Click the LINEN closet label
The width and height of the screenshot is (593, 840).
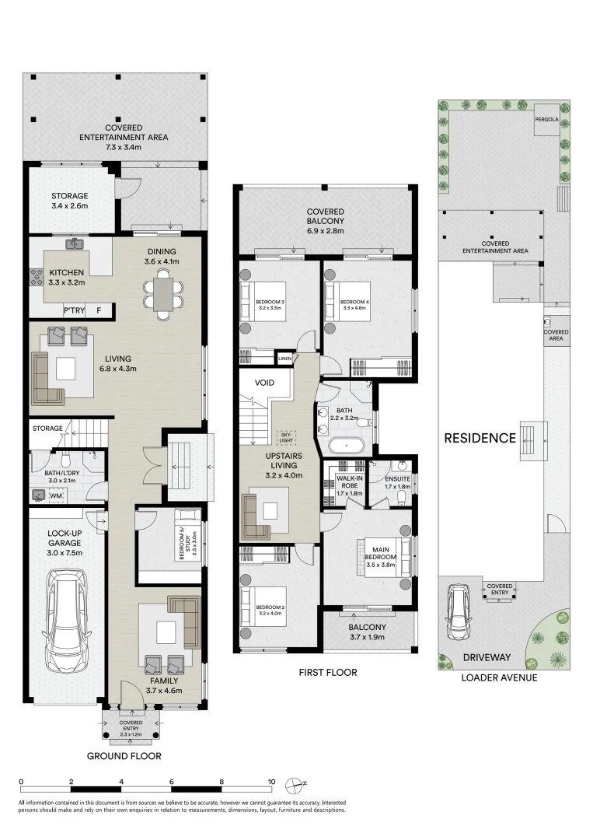pyautogui.click(x=285, y=359)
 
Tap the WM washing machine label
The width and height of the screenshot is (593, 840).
pyautogui.click(x=58, y=495)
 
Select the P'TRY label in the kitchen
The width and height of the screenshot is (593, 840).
pyautogui.click(x=75, y=311)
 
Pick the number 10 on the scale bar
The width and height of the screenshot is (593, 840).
pyautogui.click(x=272, y=782)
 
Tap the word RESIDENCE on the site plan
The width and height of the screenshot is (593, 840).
pyautogui.click(x=480, y=438)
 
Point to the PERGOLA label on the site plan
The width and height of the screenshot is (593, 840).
pyautogui.click(x=545, y=121)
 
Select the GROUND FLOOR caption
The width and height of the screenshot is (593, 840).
pyautogui.click(x=124, y=756)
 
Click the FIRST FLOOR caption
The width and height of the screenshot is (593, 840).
pyautogui.click(x=327, y=672)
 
